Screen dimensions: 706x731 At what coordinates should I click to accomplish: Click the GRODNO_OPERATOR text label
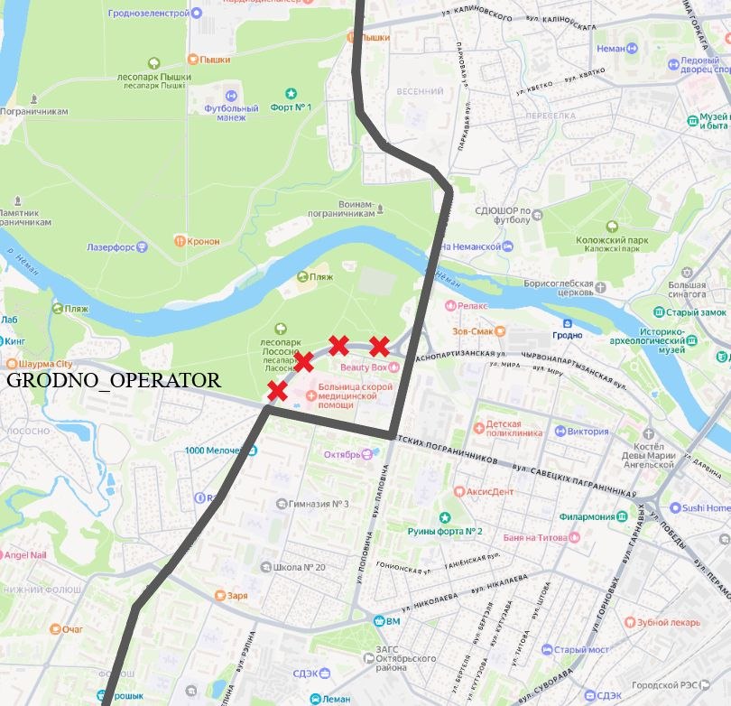(113, 380)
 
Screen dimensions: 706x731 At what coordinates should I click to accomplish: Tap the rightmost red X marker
(380, 346)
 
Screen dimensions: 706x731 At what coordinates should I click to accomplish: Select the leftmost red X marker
(277, 391)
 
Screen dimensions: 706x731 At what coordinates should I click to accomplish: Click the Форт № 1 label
(291, 107)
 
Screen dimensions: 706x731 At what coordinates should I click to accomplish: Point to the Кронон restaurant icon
(180, 241)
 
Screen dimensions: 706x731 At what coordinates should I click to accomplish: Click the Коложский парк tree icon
(612, 227)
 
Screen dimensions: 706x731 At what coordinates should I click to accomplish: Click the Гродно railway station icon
(567, 323)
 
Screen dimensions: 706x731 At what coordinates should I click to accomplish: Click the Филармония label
(586, 516)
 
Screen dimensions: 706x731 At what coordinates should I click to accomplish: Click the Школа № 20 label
(299, 567)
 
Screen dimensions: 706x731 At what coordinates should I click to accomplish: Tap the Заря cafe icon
(218, 596)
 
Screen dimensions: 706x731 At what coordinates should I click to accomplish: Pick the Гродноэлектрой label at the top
(148, 14)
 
